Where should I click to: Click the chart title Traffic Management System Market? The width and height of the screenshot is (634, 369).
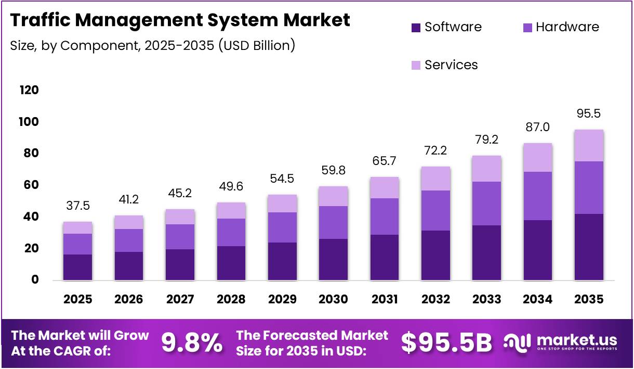(x=180, y=20)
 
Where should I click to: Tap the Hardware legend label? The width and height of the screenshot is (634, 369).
(x=567, y=27)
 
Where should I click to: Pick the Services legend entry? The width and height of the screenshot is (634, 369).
(x=451, y=65)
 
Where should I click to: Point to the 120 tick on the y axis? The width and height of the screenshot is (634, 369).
(x=29, y=90)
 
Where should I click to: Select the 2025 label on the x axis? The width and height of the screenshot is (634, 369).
(x=77, y=299)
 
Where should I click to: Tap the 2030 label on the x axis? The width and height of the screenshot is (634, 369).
(x=333, y=299)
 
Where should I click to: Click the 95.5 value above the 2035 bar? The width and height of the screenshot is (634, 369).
(x=589, y=113)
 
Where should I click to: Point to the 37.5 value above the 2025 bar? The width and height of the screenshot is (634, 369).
(x=77, y=206)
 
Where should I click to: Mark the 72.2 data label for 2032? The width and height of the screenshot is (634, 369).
(x=435, y=151)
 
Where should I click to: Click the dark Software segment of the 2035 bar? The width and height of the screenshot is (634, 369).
(x=589, y=247)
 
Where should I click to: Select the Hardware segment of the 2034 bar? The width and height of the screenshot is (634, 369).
(x=538, y=196)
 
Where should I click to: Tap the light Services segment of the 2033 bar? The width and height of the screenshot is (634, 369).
(x=486, y=169)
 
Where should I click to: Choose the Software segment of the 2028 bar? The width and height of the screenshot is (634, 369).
(x=231, y=263)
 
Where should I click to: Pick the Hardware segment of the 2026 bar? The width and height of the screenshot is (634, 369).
(x=128, y=240)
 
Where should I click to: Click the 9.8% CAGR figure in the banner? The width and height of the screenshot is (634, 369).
(x=192, y=343)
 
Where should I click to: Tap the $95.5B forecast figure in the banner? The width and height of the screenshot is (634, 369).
(x=446, y=343)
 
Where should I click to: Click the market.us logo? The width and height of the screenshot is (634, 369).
(x=561, y=342)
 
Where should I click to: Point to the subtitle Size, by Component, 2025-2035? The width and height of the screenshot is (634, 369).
(x=153, y=45)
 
